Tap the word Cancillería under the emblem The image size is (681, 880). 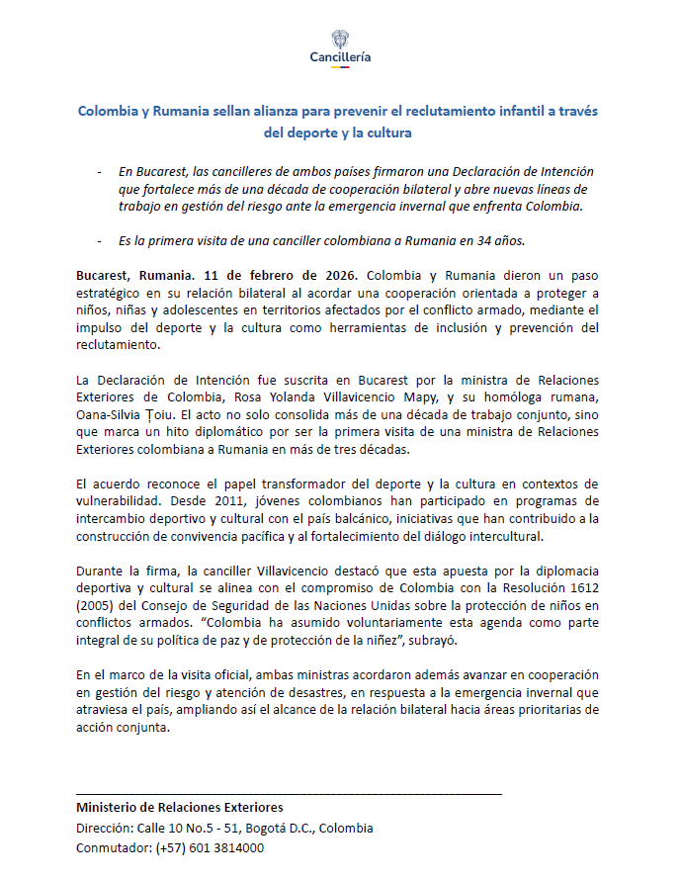340,57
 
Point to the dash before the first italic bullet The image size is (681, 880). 99,171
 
